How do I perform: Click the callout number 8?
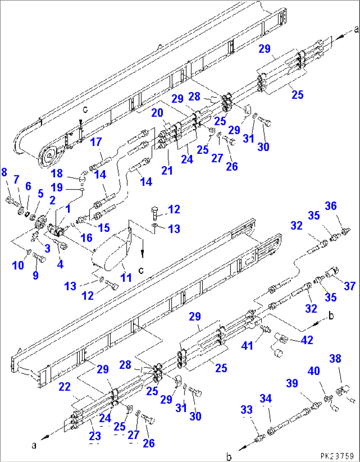click(x=4, y=172)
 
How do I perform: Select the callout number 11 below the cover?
click(x=126, y=277)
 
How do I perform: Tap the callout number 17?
click(x=96, y=142)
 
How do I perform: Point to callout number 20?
click(x=157, y=113)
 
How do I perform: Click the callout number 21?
click(x=167, y=170)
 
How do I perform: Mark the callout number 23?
click(x=95, y=436)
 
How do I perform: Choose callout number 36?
click(x=331, y=206)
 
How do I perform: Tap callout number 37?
click(x=349, y=286)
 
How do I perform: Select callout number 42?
click(x=307, y=340)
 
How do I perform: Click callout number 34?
click(x=266, y=399)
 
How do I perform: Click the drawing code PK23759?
click(x=337, y=456)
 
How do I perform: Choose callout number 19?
click(x=56, y=187)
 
